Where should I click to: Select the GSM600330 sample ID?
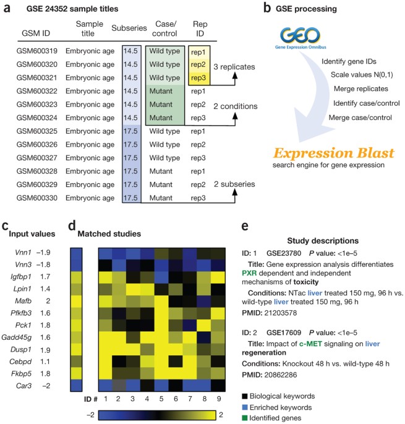point(36,199)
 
